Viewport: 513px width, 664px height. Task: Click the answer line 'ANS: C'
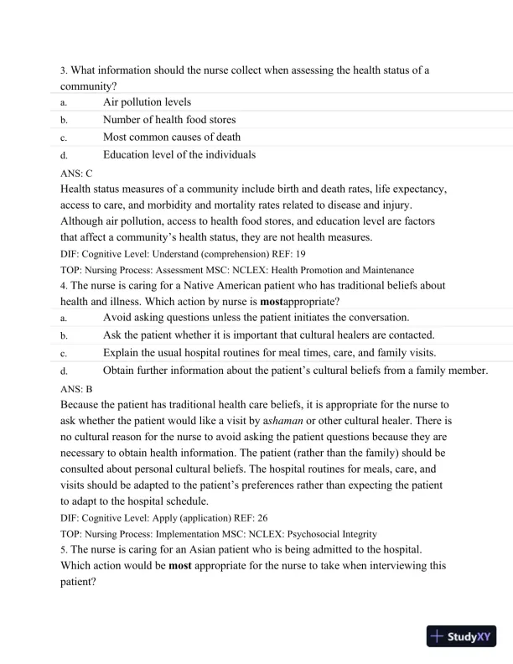pyautogui.click(x=76, y=173)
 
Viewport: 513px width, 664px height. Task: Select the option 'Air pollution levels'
pyautogui.click(x=147, y=102)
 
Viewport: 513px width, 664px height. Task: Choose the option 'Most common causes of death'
pyautogui.click(x=172, y=137)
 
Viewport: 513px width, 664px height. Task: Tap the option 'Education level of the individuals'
pyautogui.click(x=179, y=154)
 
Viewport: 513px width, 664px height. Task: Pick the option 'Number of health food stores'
pyautogui.click(x=169, y=120)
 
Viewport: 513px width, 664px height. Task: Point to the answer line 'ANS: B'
pyautogui.click(x=76, y=388)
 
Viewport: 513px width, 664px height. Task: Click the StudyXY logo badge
pyautogui.click(x=461, y=636)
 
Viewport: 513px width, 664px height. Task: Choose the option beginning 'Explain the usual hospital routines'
pyautogui.click(x=281, y=352)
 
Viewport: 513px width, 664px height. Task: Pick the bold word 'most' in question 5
pyautogui.click(x=181, y=565)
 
